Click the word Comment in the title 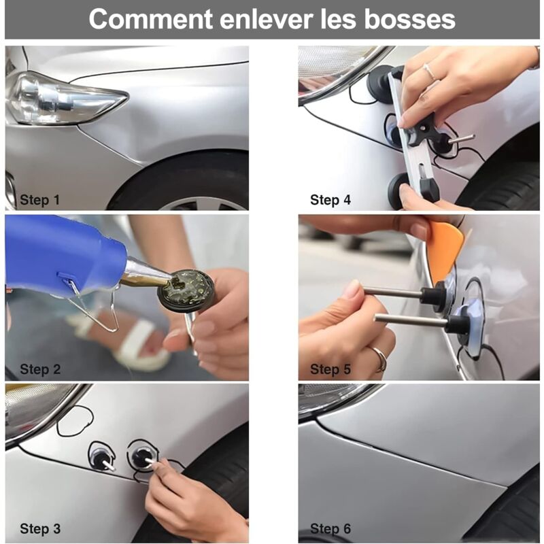pos(150,19)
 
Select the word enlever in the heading pos(267,20)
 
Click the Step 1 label pos(40,200)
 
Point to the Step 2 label pos(40,369)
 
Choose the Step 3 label pos(40,529)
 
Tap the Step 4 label pos(330,200)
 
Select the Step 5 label pos(330,369)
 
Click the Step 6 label pos(330,529)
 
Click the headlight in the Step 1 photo pos(64,98)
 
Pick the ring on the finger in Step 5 pos(379,358)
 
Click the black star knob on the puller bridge pos(421,131)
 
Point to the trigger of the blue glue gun pos(94,305)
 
